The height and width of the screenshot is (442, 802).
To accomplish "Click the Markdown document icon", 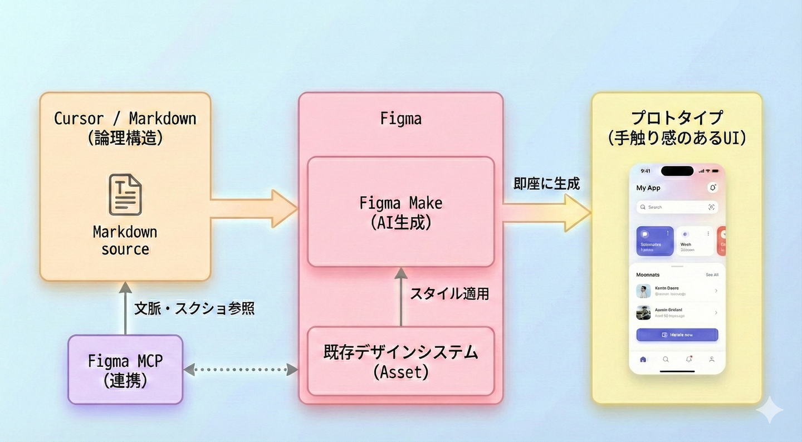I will point(125,195).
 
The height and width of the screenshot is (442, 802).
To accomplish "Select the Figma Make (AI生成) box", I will point(401,212).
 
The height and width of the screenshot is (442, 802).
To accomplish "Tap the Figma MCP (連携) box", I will point(125,370).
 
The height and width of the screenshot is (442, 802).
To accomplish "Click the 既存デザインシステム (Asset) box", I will point(401,361).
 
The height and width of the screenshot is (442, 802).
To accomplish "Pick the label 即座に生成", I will point(547,184).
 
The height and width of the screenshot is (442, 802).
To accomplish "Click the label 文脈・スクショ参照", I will point(194,310).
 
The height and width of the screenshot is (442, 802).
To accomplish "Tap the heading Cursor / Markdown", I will point(125,119).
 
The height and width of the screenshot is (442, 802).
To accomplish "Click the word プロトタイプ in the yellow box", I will point(677,118).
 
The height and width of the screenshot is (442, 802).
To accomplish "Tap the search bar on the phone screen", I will point(677,207).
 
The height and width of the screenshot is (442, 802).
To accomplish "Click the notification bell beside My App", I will point(712,188).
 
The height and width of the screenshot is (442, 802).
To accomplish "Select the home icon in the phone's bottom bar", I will point(643,359).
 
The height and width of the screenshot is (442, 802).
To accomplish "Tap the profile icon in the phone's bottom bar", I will point(711,359).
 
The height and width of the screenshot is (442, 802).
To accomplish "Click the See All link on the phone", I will point(712,275).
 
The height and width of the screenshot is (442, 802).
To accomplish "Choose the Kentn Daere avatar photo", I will point(643,291).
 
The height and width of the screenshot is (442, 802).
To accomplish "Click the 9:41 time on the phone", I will point(645,171).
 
